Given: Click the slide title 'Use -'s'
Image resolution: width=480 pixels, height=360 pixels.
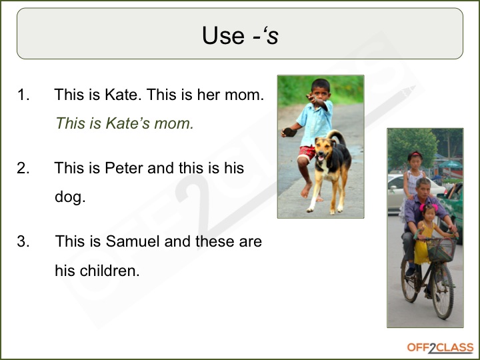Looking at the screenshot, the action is tap(240, 35).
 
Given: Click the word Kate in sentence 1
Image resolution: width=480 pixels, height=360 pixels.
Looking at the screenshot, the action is tap(122, 94).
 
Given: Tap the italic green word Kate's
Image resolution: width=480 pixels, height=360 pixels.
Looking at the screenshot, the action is tap(127, 123).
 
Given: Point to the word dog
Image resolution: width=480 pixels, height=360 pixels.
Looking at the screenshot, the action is tap(69, 197).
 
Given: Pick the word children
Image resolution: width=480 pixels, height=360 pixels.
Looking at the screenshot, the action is tap(109, 270).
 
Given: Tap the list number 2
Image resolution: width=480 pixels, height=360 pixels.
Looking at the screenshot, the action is tap(23, 168).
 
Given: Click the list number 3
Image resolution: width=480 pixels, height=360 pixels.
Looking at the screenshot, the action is tap(23, 241).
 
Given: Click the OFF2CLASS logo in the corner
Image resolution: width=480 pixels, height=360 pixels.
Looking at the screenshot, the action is tap(440, 348).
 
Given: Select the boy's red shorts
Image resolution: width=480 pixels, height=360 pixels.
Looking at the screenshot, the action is tap(307, 153).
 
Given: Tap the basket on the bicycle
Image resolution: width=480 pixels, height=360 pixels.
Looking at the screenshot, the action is tap(441, 250).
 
